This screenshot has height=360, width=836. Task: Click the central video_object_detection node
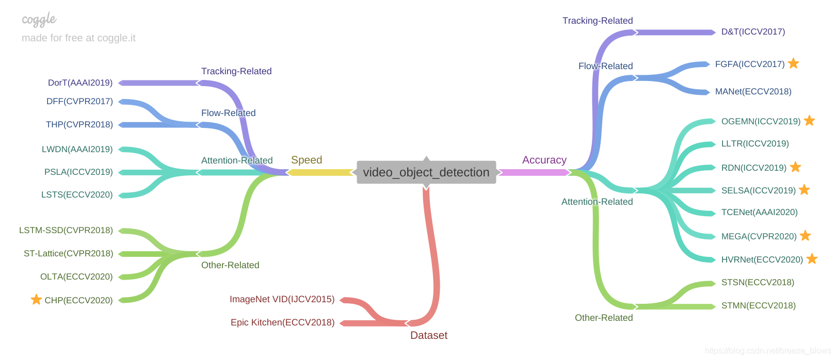pos(426,172)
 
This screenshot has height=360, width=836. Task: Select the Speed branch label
pos(307,160)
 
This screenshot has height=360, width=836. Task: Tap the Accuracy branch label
pos(544,160)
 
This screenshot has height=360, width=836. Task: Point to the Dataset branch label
pos(429,335)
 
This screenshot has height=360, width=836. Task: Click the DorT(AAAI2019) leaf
pos(80,83)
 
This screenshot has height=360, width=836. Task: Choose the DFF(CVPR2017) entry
pos(79,102)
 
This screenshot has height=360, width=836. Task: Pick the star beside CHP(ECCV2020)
pos(36,299)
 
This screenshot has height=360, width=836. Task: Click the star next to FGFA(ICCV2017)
pos(794,63)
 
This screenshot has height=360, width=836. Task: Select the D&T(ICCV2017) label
pos(753,31)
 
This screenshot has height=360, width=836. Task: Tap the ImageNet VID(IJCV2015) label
pos(282,299)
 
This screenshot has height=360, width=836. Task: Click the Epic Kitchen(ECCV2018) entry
pos(282,322)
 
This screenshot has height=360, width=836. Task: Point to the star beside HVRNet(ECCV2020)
pos(812,258)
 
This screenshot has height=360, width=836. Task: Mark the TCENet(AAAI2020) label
pos(760,212)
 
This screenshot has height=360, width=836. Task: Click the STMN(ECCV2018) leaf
pos(759,305)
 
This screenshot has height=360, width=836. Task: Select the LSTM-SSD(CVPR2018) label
pos(66,230)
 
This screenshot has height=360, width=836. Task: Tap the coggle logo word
pos(39,20)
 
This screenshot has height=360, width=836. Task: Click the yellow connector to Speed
pos(321,172)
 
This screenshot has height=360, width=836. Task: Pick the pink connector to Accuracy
pos(535,172)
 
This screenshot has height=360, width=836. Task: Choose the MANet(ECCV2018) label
pos(753,91)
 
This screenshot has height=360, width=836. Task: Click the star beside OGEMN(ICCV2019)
pos(809,121)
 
